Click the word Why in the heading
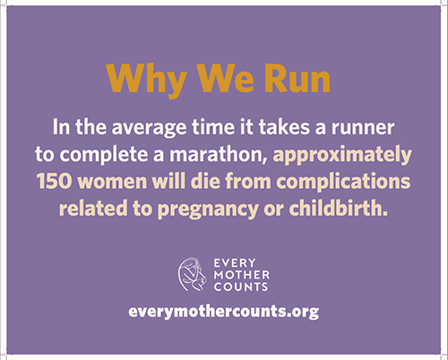pos(146,80)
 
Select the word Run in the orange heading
pos(297,78)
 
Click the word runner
pos(363,128)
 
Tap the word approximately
pos(342,156)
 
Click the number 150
pos(54,181)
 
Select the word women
pos(114,181)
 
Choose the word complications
pos(343,182)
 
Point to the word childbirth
pos(338,208)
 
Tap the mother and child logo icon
pos(192,274)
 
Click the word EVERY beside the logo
pos(235,263)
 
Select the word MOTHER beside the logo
pos(242,275)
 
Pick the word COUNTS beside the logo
pos(241,287)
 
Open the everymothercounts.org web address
pos(224,312)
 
